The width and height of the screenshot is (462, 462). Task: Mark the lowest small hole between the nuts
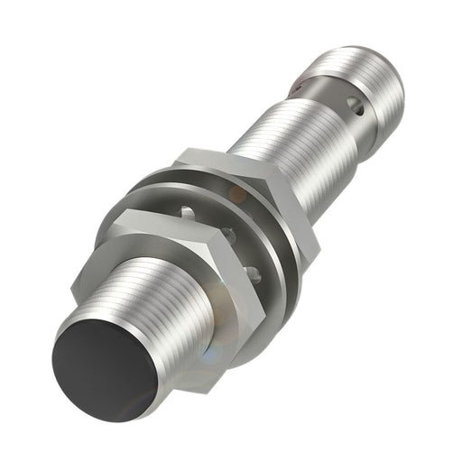tap(255, 271)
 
